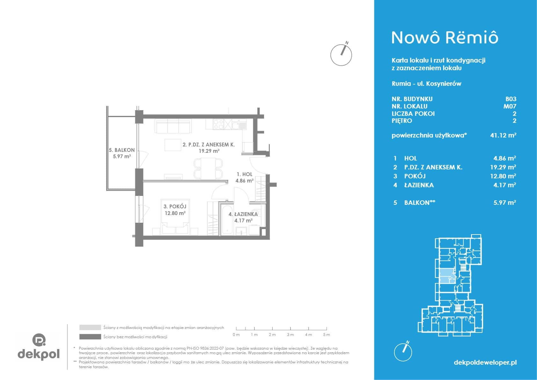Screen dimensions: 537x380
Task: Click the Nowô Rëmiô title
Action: point(445,38)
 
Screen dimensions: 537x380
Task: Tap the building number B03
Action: point(511,99)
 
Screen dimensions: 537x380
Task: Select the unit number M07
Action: point(510,106)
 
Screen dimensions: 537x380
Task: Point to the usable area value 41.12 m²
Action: point(503,135)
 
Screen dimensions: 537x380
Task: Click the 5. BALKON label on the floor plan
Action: point(121,150)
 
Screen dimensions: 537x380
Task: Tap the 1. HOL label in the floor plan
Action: point(244,175)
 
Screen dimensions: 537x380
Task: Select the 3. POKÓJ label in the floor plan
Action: point(175,206)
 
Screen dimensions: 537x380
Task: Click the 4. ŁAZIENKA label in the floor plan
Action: point(243,214)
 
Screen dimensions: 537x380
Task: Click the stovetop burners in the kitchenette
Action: point(218,124)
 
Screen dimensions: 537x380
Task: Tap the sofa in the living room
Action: point(173,126)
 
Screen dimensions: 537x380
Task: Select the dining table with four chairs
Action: point(208,168)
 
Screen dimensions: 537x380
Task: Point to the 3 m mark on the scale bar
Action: point(290,328)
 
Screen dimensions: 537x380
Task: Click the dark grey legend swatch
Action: point(90,337)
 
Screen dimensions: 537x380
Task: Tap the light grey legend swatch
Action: point(90,327)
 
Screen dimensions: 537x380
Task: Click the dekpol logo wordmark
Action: point(39,354)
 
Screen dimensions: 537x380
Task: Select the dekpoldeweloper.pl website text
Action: point(485,362)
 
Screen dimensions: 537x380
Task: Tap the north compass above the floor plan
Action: point(341,54)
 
